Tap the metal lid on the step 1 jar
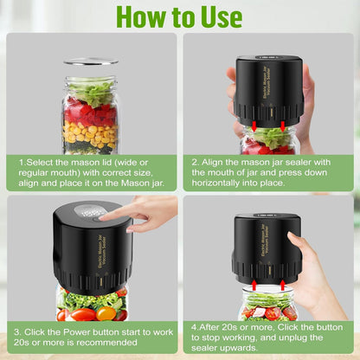90,62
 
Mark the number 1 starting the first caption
21,161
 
